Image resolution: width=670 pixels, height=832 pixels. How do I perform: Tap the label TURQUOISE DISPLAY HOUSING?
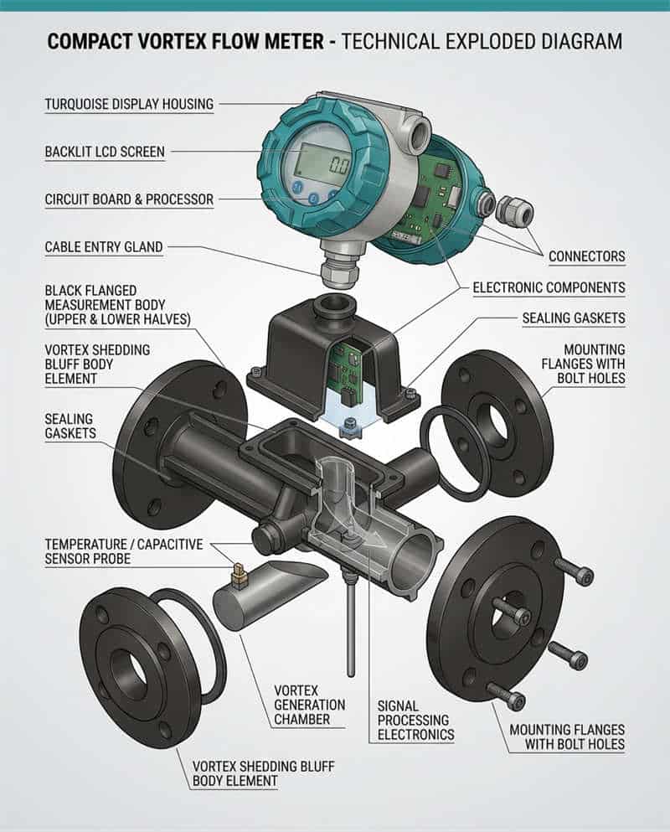[129, 105]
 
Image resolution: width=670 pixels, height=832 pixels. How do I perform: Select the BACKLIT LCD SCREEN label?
[105, 152]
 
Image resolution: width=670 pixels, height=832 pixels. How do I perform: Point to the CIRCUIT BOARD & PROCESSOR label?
[129, 199]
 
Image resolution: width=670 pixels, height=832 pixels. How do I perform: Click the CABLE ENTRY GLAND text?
[104, 247]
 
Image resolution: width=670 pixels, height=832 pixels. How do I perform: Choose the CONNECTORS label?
[586, 256]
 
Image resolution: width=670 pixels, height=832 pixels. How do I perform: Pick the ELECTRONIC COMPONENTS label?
[549, 287]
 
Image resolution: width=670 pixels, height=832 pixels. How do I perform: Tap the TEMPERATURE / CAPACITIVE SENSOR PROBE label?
[123, 551]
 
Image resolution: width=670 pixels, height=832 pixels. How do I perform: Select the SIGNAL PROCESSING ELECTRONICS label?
[415, 721]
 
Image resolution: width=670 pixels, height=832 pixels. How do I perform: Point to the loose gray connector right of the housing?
[514, 210]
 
